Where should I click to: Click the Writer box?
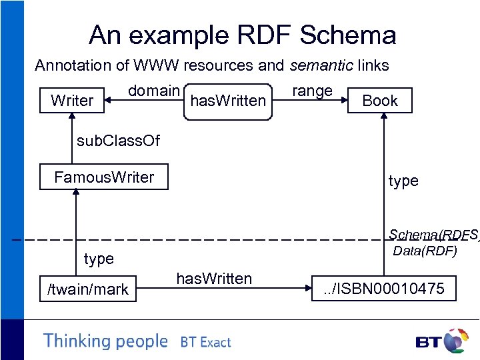coord(72,101)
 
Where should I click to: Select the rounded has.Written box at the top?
coord(228,101)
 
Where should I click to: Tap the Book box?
coord(379,101)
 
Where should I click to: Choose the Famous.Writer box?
coord(103,177)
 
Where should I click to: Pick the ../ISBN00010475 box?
coord(384,289)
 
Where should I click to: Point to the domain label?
coord(154,91)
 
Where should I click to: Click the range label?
coord(312,91)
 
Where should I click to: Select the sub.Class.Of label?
coord(118,141)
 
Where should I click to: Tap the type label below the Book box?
coord(403,181)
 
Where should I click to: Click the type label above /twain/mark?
coord(99,259)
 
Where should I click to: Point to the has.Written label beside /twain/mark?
coord(213,279)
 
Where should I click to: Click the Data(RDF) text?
coord(425,251)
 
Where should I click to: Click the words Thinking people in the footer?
coord(105,341)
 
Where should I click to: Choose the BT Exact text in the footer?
coord(205,343)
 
